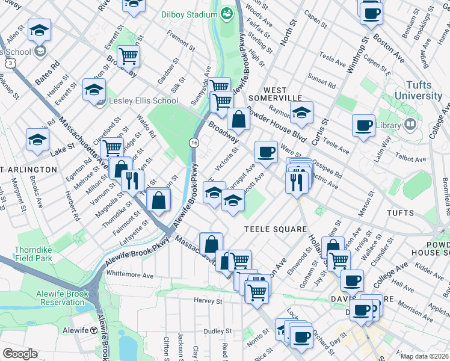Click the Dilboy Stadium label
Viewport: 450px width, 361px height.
(190, 14)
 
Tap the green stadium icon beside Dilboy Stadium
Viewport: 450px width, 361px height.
(227, 13)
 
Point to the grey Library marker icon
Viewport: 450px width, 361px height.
(410, 125)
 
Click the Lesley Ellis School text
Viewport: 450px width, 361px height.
(143, 100)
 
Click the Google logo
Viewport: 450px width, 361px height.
(20, 354)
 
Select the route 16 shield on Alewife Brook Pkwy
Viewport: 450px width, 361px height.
(194, 142)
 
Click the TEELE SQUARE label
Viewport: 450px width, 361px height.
(276, 229)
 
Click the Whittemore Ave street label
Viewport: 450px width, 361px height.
(129, 274)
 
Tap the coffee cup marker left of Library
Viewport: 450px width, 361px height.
(363, 126)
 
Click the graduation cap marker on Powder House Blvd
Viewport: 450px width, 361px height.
(301, 112)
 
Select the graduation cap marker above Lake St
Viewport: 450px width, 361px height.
(37, 140)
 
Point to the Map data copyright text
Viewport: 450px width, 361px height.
(424, 356)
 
